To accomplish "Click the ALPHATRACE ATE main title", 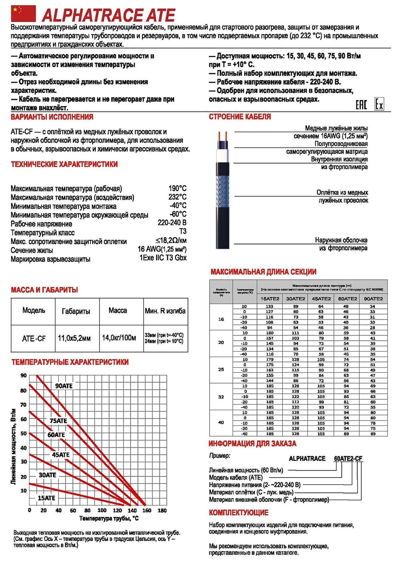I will (108, 15).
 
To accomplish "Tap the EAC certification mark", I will (361, 105).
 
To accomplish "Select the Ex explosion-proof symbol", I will (379, 104).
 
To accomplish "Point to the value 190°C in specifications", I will (177, 188).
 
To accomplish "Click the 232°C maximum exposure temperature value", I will (177, 197).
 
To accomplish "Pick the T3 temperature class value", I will (182, 231).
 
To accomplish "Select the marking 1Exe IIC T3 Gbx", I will (163, 258).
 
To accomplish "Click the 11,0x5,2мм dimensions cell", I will (74, 338).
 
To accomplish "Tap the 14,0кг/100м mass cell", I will (119, 338).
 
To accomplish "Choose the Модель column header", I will (34, 311).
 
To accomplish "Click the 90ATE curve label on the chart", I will (64, 386).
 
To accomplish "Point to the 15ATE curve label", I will (47, 498).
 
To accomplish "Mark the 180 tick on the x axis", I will (162, 510).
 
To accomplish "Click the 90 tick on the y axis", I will (24, 376).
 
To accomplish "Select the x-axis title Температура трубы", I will (109, 518).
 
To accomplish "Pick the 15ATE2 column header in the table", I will (270, 299).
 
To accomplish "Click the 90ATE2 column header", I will (373, 299).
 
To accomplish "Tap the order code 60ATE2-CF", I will (348, 459).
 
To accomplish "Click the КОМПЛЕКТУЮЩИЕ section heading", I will (239, 512).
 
